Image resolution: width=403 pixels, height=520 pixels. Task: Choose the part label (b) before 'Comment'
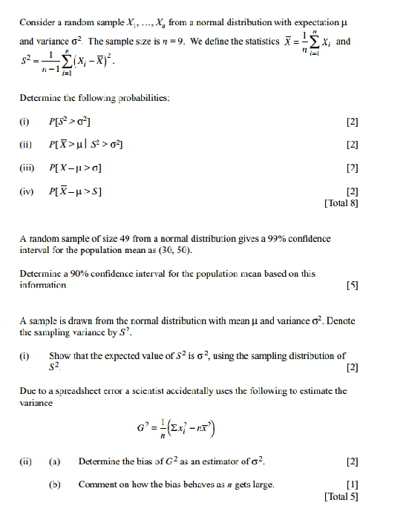[x=53, y=484]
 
